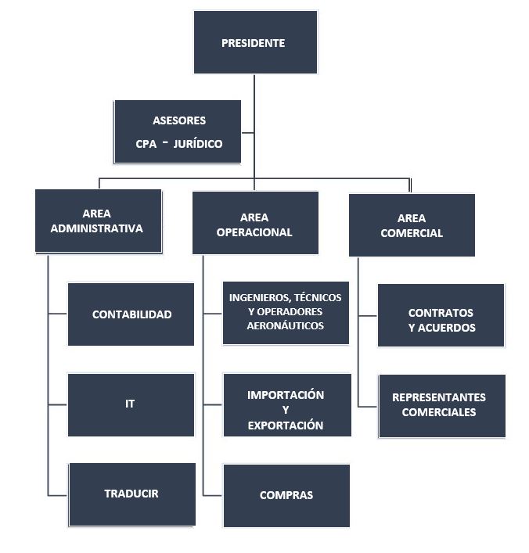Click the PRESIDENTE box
(255, 42)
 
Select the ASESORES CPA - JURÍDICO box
(178, 131)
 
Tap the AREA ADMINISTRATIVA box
(98, 221)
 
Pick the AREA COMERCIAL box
(412, 224)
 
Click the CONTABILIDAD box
(131, 314)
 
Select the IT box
(131, 404)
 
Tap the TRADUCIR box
(131, 494)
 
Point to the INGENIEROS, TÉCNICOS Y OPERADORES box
(286, 313)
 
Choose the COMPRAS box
(286, 495)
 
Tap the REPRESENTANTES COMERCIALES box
(441, 405)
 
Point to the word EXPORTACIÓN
(286, 426)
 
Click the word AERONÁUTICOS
(286, 325)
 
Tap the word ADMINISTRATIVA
(97, 229)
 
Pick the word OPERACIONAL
(254, 232)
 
